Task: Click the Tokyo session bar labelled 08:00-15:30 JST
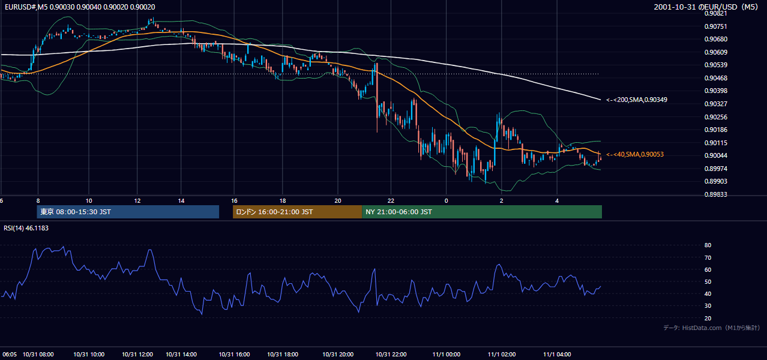128,212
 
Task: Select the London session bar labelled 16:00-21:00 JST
297,212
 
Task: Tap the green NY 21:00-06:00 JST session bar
482,212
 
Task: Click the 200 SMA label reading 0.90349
637,100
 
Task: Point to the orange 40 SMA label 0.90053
635,154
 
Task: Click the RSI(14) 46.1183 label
26,228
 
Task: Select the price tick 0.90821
715,14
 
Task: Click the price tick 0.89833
715,194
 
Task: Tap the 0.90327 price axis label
715,104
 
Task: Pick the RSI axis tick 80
708,245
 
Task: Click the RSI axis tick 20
708,318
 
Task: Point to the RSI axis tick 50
708,281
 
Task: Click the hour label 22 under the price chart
391,201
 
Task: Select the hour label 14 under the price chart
181,201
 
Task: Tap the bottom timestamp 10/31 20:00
338,355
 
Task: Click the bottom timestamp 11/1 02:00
502,355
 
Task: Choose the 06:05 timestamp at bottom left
10,355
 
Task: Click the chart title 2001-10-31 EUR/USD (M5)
706,7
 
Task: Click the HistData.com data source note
712,328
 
